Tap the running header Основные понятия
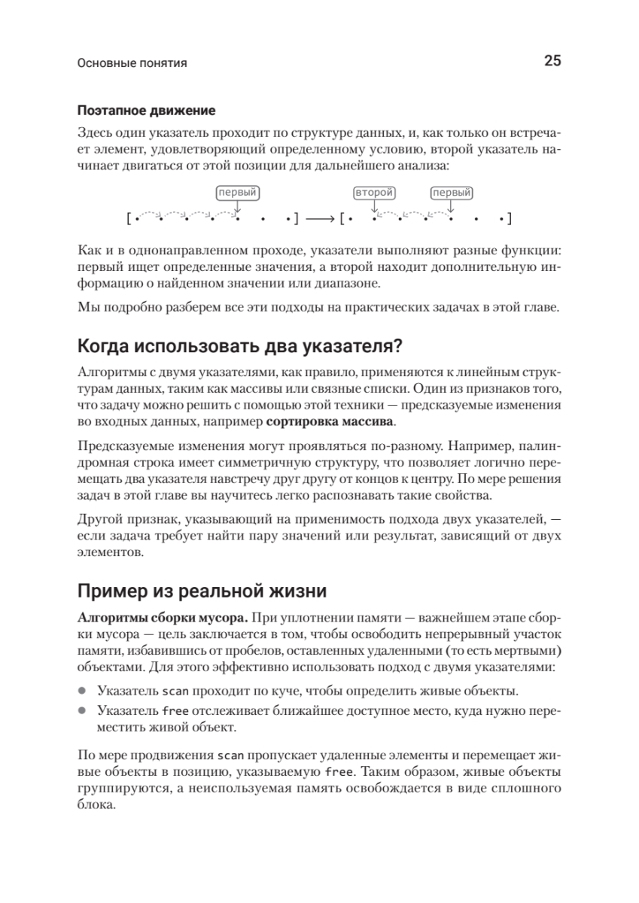pyautogui.click(x=132, y=64)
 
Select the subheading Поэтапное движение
pyautogui.click(x=146, y=111)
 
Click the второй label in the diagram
pyautogui.click(x=374, y=193)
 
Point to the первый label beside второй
pyautogui.click(x=452, y=193)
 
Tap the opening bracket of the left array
pyautogui.click(x=129, y=219)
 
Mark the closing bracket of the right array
pyautogui.click(x=510, y=219)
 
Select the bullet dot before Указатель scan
pyautogui.click(x=82, y=690)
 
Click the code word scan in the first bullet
pyautogui.click(x=175, y=690)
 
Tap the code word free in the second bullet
pyautogui.click(x=175, y=711)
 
